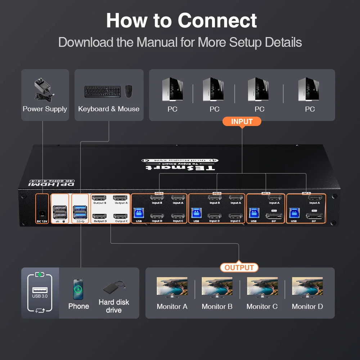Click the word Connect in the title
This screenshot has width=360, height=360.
click(x=217, y=21)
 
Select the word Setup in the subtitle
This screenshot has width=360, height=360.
click(x=245, y=42)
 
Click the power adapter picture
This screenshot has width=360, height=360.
click(x=44, y=89)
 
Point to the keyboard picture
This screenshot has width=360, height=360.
click(x=103, y=91)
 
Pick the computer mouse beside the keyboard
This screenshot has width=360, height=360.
click(x=129, y=91)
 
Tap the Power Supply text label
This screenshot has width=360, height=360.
click(x=45, y=109)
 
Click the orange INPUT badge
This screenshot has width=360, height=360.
click(x=242, y=121)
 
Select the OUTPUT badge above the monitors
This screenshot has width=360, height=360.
click(x=239, y=267)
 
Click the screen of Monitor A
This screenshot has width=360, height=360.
click(x=172, y=286)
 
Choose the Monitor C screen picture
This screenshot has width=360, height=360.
click(x=262, y=286)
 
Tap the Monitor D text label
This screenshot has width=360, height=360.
click(x=307, y=306)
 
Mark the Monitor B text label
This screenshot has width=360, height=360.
click(x=217, y=306)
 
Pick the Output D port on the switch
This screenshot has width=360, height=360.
click(x=99, y=216)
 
